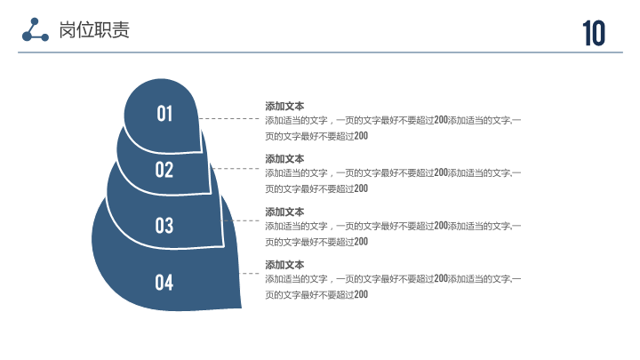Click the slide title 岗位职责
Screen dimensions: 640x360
[x=94, y=30]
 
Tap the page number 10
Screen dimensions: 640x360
[x=594, y=33]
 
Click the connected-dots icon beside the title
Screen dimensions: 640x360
[x=35, y=30]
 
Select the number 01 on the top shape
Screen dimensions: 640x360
[x=164, y=114]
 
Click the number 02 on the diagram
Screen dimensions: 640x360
[x=164, y=170]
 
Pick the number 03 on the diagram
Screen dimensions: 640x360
[x=164, y=226]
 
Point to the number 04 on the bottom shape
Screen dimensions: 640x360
[x=164, y=283]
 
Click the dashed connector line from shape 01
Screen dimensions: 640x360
[x=229, y=119]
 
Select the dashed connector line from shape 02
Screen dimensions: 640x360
[x=235, y=169]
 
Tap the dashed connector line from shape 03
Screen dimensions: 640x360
[x=241, y=220]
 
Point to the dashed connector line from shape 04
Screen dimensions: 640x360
[x=249, y=274]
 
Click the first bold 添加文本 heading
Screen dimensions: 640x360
[x=284, y=106]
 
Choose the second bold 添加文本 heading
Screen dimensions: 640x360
[x=284, y=159]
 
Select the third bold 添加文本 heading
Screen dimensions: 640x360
[x=284, y=212]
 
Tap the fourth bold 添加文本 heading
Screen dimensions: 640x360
[x=284, y=265]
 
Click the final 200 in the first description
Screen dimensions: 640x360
[x=361, y=136]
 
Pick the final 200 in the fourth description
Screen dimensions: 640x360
[x=361, y=294]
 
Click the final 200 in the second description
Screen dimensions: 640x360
[x=361, y=188]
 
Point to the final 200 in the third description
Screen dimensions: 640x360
[x=361, y=242]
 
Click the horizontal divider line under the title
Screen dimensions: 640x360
[x=320, y=52]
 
